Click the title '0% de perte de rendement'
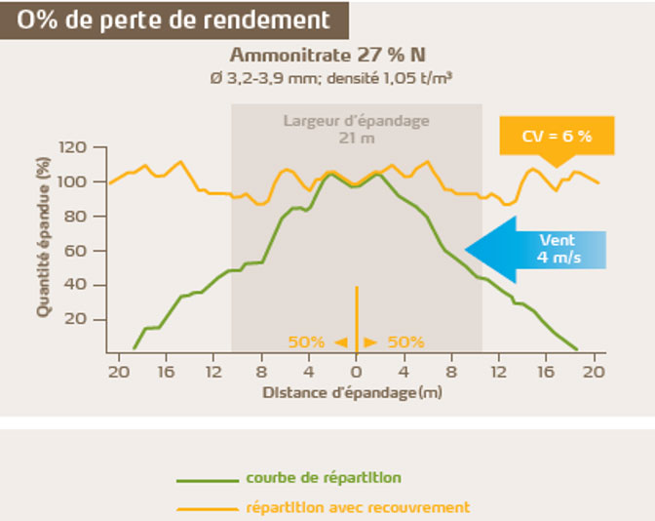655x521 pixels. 173,20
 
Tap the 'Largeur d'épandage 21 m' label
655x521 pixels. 356,129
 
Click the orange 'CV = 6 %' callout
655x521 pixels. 558,137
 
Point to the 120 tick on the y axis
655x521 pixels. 75,147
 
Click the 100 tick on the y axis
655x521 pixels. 75,182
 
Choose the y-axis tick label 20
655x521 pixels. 78,319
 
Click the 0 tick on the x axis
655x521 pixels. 356,372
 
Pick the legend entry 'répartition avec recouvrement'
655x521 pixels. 358,507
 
